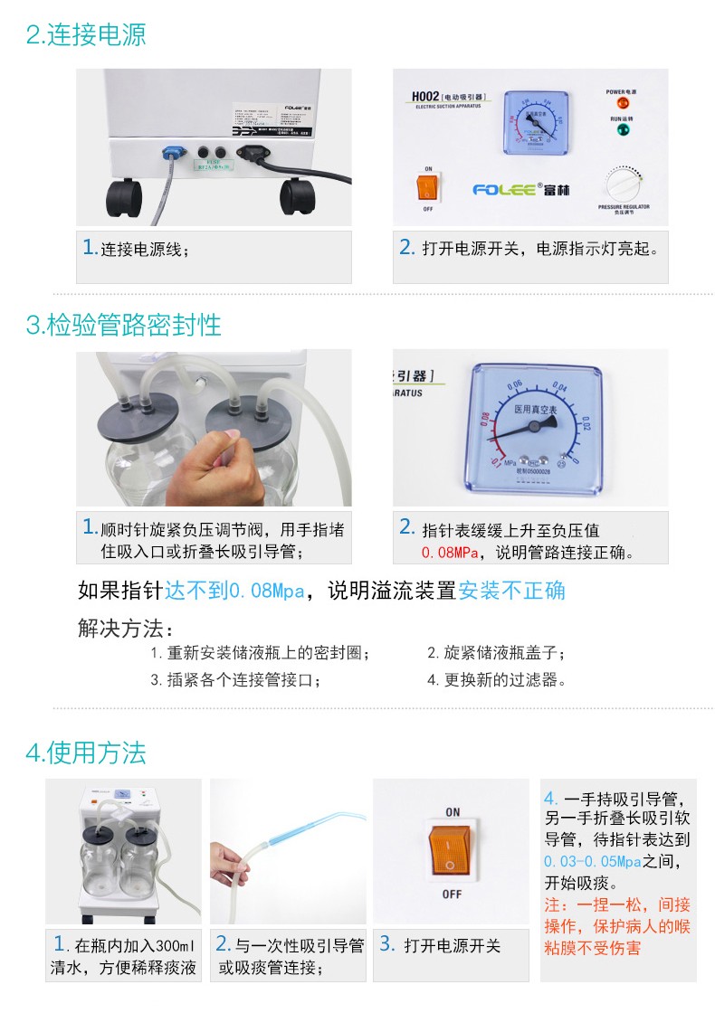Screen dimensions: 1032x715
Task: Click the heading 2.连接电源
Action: (86, 35)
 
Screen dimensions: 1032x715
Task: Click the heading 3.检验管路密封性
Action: (124, 324)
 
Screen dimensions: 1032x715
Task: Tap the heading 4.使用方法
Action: (86, 752)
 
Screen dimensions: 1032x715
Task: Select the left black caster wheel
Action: (124, 195)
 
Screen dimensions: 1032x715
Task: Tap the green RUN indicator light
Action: (622, 131)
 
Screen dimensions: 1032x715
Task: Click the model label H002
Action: (424, 96)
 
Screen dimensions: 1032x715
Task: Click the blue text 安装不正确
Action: (511, 591)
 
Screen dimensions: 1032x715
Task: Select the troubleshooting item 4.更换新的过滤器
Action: (497, 679)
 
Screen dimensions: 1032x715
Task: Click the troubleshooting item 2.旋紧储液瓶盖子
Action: (497, 652)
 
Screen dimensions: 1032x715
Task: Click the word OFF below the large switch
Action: (452, 895)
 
